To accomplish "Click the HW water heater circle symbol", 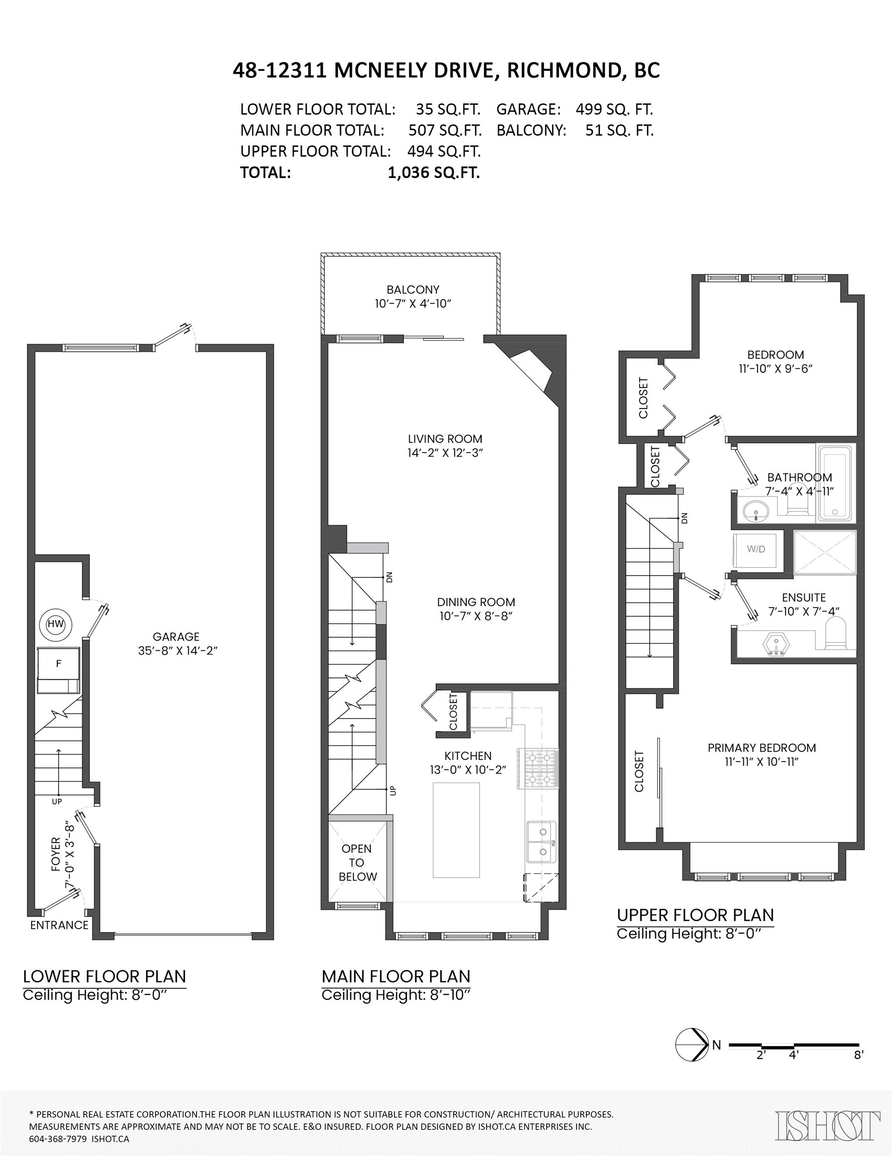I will point(56,624).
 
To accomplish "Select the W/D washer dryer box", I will point(756,549).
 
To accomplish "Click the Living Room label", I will point(444,439).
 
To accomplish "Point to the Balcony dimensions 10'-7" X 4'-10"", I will point(412,304).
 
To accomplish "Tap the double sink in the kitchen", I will point(540,841).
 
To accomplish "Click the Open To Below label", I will point(357,863).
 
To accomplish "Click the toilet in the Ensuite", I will point(836,636).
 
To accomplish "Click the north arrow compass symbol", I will point(692,1045).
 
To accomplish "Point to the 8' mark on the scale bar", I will point(858,1055).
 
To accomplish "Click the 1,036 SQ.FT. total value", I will point(433,173).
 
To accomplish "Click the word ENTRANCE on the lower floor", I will point(59,926).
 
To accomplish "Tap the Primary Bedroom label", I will point(761,748).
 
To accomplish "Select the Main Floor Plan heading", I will point(395,976).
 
